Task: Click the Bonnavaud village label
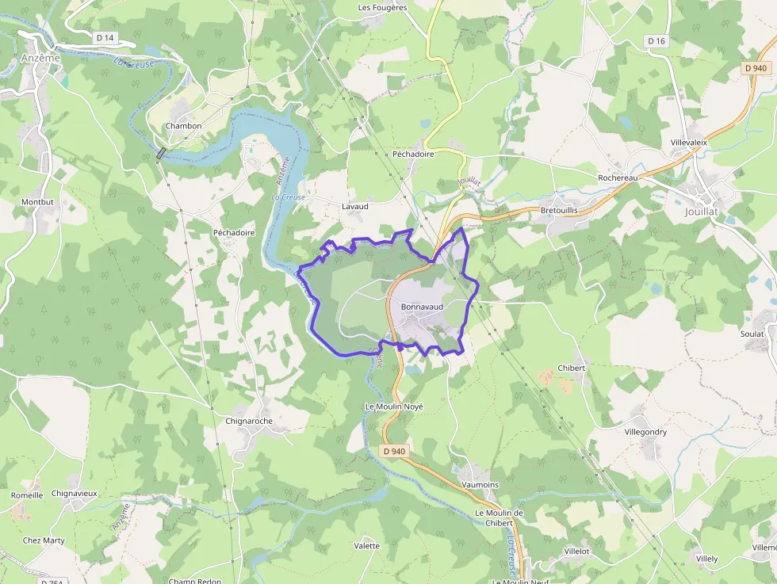click(422, 306)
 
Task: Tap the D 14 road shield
click(105, 37)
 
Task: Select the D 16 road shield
click(655, 40)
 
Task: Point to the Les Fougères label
click(382, 8)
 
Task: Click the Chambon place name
click(183, 126)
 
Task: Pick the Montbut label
click(37, 202)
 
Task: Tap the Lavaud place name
click(354, 207)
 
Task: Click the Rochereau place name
click(618, 178)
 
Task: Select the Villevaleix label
click(688, 143)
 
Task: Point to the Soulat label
click(752, 334)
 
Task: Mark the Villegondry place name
click(645, 433)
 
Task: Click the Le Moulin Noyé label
click(394, 407)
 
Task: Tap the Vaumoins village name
click(480, 484)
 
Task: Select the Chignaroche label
click(249, 422)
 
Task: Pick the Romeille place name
click(27, 495)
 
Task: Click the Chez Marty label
click(44, 541)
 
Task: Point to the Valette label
click(366, 546)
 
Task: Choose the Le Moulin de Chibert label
click(499, 517)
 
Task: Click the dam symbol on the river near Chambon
click(162, 153)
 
